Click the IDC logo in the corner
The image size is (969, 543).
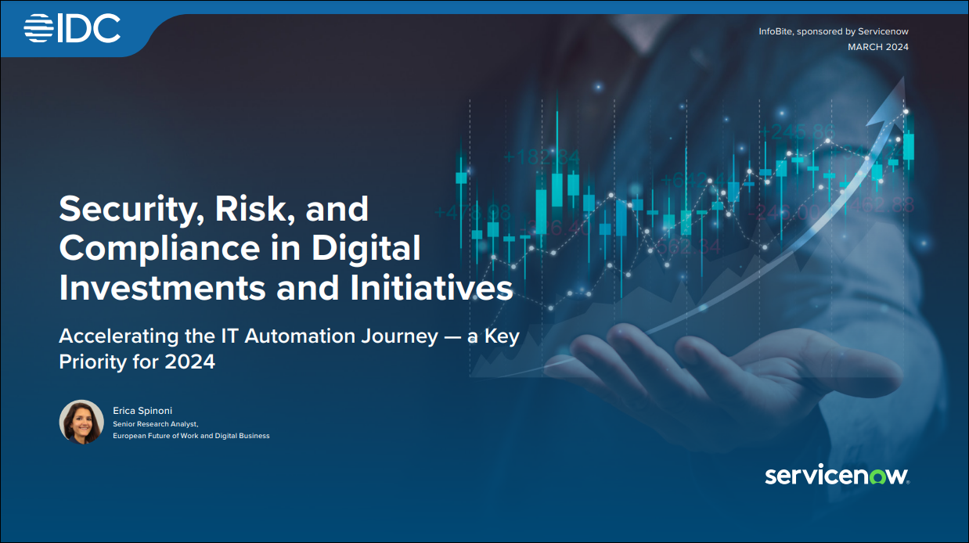point(72,28)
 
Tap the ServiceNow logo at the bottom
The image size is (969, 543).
point(837,476)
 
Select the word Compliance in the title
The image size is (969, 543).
point(160,248)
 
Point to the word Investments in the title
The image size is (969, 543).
point(163,288)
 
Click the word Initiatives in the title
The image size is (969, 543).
point(431,288)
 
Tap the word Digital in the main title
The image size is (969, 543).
point(366,248)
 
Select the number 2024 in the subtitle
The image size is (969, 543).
point(190,361)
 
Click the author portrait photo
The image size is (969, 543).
point(81,422)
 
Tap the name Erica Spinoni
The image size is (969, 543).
point(142,411)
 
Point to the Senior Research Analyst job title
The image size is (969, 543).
point(155,424)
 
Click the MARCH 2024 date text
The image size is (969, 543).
point(878,47)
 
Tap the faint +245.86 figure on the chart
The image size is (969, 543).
point(797,131)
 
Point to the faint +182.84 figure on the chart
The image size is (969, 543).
point(542,156)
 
